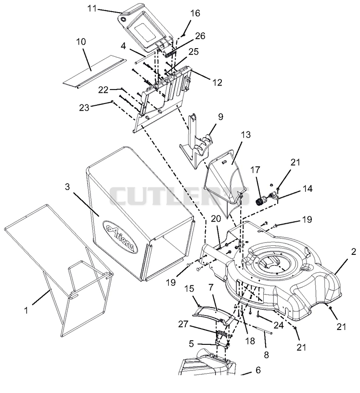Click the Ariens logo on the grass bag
(x=120, y=237)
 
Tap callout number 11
(x=92, y=8)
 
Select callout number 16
(x=195, y=13)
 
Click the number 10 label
(x=81, y=41)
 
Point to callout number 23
(x=84, y=108)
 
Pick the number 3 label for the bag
(x=67, y=187)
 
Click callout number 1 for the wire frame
(x=26, y=311)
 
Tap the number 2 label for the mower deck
(x=354, y=252)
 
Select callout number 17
(x=256, y=170)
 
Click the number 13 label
(x=246, y=135)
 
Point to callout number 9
(x=220, y=117)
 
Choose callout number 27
(x=183, y=324)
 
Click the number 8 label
(x=266, y=355)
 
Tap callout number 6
(x=258, y=370)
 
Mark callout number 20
(x=216, y=219)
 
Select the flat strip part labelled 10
(x=94, y=72)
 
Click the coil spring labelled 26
(x=171, y=54)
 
